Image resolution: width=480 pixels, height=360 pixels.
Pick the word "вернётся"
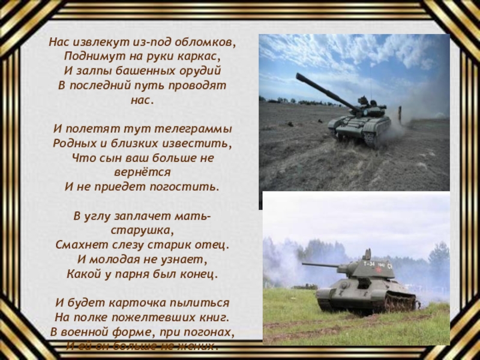click(x=142, y=172)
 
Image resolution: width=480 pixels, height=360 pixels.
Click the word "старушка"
click(x=142, y=230)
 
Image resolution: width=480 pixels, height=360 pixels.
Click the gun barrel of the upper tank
click(x=324, y=91)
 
